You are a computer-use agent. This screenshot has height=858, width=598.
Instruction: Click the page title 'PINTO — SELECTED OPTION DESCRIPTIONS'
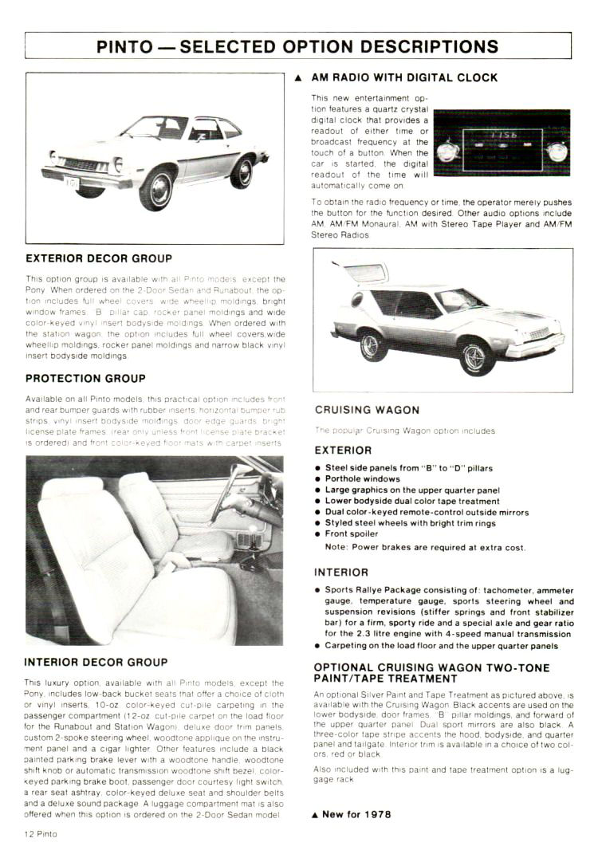[x=297, y=45]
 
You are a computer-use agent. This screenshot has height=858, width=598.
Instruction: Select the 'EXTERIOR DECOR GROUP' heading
[x=98, y=258]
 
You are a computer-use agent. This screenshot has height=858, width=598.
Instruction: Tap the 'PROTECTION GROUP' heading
[x=85, y=378]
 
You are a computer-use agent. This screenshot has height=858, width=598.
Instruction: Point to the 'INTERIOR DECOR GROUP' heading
[x=96, y=662]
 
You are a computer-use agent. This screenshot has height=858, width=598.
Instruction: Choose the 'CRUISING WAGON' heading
[x=367, y=410]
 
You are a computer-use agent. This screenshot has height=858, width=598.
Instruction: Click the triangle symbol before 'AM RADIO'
[x=298, y=78]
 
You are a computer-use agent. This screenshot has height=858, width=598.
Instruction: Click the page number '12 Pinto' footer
[x=41, y=833]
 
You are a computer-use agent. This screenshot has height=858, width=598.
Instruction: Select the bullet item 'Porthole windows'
[x=363, y=479]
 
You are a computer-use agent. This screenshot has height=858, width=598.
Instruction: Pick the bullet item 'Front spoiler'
[x=352, y=533]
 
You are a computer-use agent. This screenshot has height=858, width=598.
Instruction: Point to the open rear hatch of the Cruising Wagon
[x=361, y=273]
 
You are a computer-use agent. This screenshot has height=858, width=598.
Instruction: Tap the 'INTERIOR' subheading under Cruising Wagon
[x=341, y=573]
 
